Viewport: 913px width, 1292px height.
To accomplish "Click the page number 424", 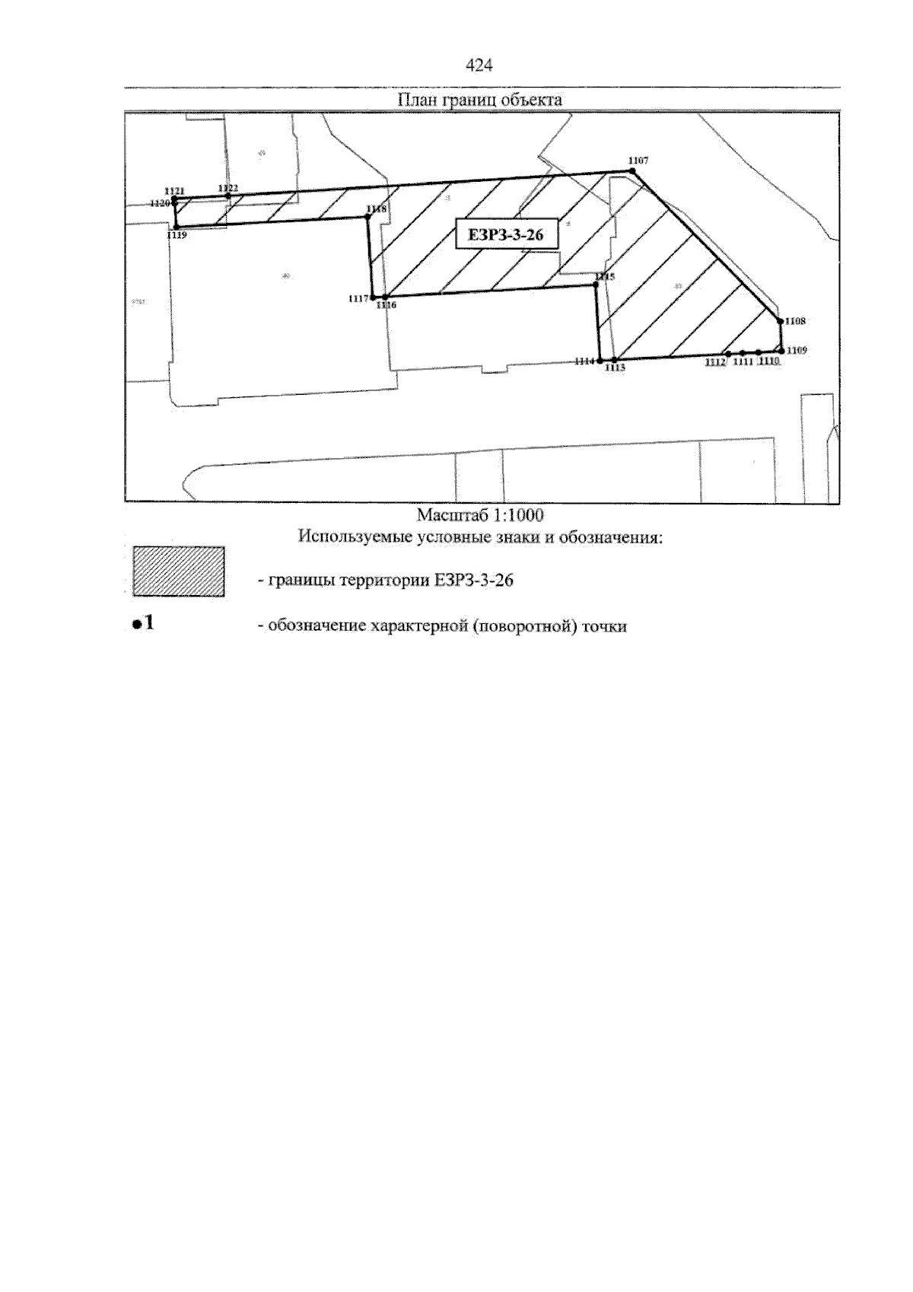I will point(479,66).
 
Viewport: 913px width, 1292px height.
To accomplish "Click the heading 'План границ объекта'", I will point(479,100).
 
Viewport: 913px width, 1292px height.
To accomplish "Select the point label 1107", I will point(638,161).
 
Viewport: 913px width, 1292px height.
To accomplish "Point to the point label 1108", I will point(795,322).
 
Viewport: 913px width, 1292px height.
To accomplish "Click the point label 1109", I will point(797,350).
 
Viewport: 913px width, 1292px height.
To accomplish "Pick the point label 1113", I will point(615,368).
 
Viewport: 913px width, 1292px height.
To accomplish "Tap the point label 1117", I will point(358,299).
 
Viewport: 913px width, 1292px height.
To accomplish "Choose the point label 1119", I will point(177,236).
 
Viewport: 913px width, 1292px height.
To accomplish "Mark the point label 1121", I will point(174,191).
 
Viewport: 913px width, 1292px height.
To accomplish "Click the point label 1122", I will point(228,188).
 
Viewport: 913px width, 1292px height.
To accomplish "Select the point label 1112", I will point(715,362).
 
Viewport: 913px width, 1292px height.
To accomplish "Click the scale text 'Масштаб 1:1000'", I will point(480,515).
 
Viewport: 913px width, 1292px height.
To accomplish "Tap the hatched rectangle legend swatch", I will point(179,571).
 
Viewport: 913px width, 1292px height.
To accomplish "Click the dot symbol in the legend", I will point(136,625).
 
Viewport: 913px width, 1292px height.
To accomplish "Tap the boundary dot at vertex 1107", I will point(633,172).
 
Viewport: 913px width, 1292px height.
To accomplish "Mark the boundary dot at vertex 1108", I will point(780,321).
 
